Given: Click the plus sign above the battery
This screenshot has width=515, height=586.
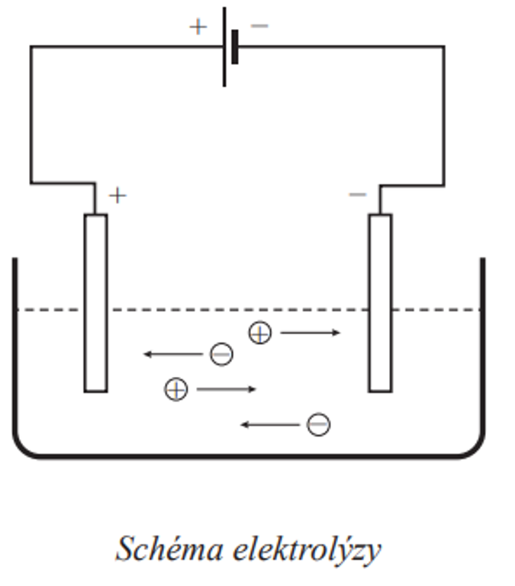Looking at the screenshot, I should (198, 27).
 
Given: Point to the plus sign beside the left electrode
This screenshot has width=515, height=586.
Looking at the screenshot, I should (117, 195).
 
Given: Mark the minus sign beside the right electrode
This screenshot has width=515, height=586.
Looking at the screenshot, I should (357, 195).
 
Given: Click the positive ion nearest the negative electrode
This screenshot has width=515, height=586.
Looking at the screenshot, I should (260, 333).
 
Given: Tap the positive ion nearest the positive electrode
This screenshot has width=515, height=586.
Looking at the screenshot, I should (175, 390).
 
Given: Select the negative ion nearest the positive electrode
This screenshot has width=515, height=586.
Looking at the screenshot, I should (221, 354).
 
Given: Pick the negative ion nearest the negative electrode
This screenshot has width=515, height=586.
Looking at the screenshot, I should (318, 424).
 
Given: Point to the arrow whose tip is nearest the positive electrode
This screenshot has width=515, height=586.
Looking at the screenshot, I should (174, 354).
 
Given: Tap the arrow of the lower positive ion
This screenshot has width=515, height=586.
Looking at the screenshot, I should (227, 390).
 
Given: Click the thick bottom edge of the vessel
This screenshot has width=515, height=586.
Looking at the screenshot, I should (248, 456).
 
